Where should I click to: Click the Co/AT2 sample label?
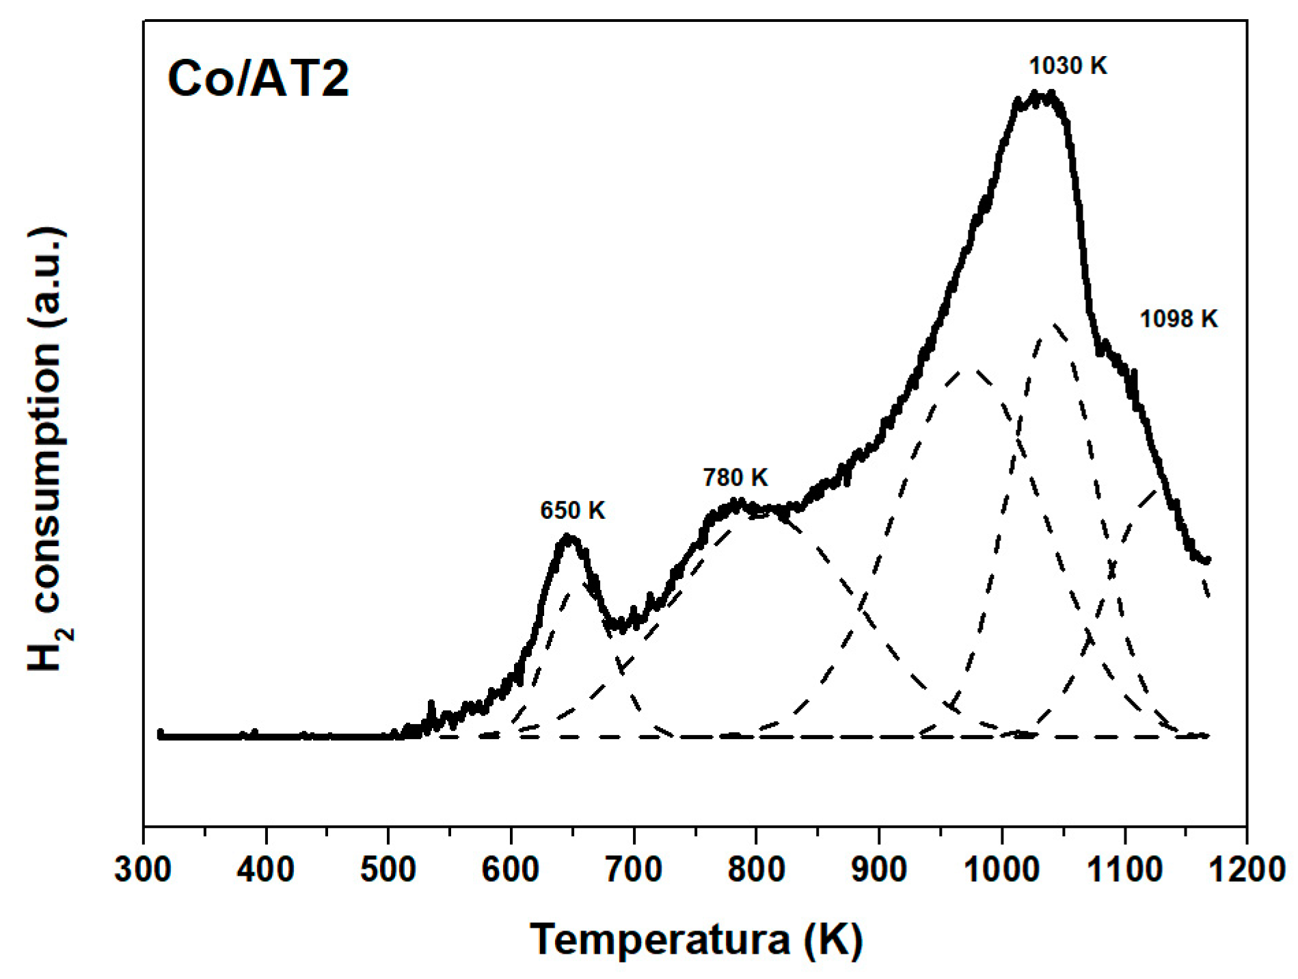pos(258,79)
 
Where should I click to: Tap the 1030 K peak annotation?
pos(1068,66)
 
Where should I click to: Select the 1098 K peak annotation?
pos(1178,319)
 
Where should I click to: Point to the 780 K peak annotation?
pos(735,477)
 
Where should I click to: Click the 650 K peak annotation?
pos(573,511)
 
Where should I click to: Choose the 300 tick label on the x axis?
pos(144,870)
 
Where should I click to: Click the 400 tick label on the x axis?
pos(266,870)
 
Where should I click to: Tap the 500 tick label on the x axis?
pos(388,870)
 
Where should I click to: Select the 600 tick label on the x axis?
pos(511,870)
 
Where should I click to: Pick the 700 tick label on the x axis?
pos(634,870)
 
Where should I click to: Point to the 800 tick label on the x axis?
pos(756,870)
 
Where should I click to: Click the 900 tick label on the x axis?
pos(878,870)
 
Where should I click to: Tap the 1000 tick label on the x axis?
pos(1001,870)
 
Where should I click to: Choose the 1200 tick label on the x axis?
pos(1246,870)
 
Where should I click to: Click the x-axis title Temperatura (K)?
pos(696,939)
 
